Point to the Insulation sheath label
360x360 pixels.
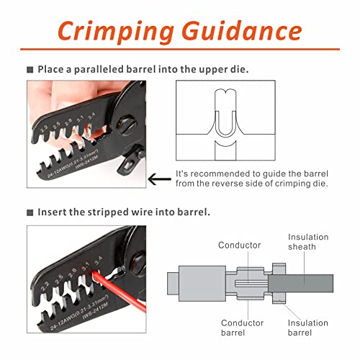click(308, 243)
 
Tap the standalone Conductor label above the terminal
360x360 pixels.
click(240, 245)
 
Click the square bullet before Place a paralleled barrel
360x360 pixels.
click(30, 70)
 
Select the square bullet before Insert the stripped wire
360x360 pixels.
click(30, 212)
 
